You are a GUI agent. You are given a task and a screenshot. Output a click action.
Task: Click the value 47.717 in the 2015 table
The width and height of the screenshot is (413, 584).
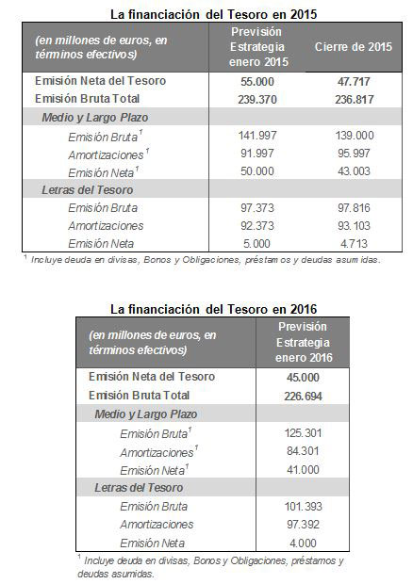[354, 81]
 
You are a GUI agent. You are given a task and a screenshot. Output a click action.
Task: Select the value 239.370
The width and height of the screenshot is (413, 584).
[257, 100]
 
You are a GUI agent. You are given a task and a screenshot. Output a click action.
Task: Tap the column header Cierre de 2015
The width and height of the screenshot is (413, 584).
[354, 46]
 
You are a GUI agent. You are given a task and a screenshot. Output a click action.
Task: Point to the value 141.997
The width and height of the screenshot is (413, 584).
[257, 136]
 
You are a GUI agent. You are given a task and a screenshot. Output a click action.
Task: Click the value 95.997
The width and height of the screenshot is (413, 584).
[354, 154]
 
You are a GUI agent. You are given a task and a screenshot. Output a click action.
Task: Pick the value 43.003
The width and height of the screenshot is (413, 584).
[354, 170]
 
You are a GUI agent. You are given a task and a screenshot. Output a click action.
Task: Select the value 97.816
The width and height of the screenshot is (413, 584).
[354, 207]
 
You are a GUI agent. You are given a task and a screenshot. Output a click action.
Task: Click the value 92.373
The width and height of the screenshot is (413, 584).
[257, 225]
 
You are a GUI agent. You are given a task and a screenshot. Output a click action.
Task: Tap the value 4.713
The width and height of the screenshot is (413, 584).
[354, 243]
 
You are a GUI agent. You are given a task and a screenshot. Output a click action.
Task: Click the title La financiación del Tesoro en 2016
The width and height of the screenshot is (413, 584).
[214, 309]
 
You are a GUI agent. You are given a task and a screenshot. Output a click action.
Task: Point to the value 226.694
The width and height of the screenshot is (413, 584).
[303, 396]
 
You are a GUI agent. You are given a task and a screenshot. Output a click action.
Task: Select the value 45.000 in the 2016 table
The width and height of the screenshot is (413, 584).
[303, 378]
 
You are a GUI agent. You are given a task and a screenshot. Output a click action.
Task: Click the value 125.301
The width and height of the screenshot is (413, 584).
[303, 432]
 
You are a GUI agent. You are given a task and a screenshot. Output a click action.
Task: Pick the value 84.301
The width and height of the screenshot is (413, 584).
[303, 451]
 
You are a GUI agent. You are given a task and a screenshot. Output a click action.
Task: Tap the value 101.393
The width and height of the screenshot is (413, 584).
[303, 506]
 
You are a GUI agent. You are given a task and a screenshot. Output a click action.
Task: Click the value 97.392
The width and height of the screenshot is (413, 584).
[303, 525]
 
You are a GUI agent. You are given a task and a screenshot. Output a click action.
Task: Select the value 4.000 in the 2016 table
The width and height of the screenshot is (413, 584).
[303, 543]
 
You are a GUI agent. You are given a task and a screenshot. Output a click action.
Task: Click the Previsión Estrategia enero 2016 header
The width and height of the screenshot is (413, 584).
[303, 342]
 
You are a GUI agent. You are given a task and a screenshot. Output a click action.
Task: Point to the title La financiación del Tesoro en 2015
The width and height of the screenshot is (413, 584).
[214, 14]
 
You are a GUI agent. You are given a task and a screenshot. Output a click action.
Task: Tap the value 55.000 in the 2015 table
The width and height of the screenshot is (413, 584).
[257, 81]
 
